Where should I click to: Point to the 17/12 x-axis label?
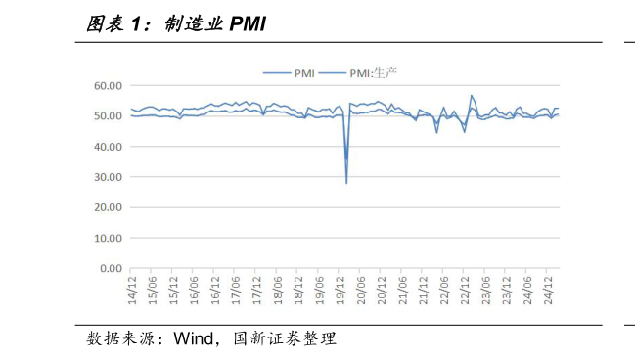[256, 288]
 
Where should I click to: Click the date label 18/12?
[298, 288]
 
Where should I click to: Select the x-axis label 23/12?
[507, 288]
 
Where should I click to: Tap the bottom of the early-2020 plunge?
[346, 183]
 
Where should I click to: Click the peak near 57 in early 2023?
[472, 96]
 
